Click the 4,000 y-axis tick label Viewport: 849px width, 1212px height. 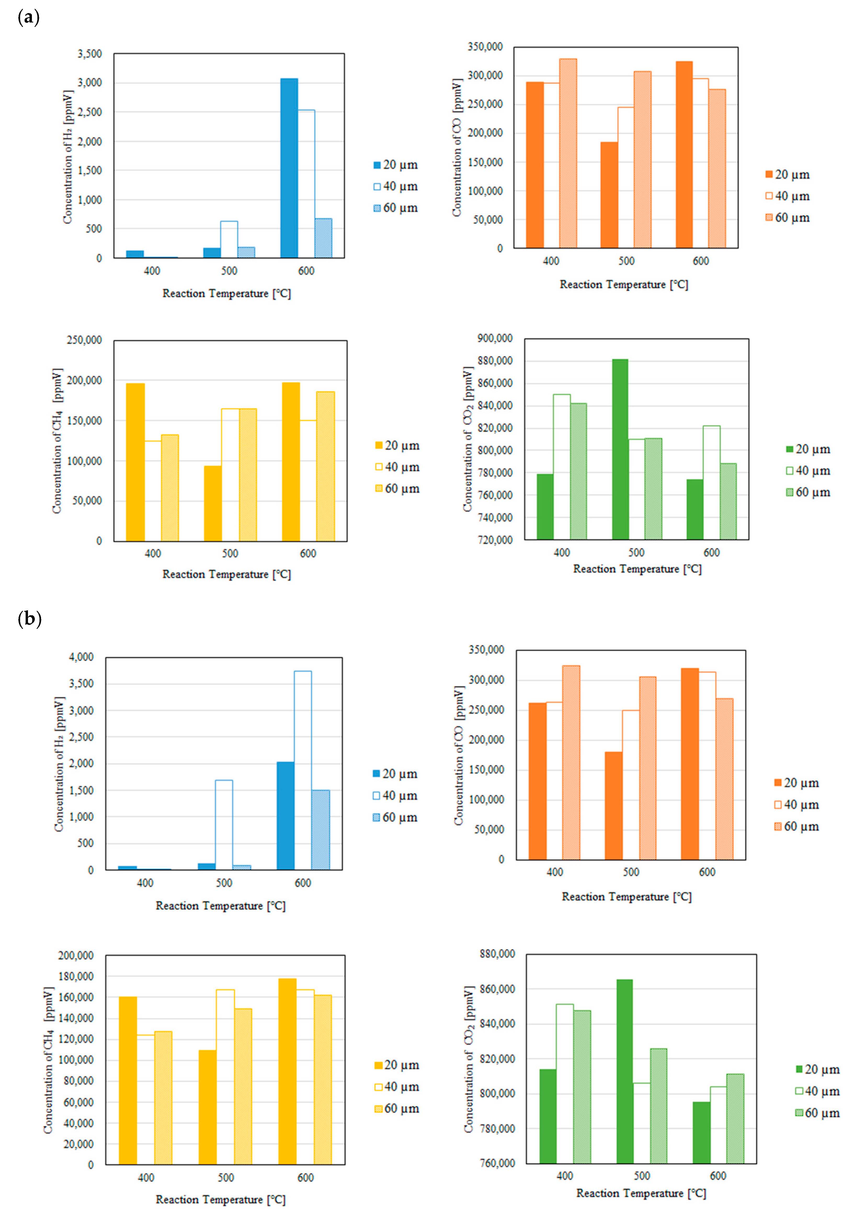tap(81, 657)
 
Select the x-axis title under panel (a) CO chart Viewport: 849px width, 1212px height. tap(624, 285)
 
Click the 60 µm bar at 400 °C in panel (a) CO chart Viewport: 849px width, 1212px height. tap(568, 153)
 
